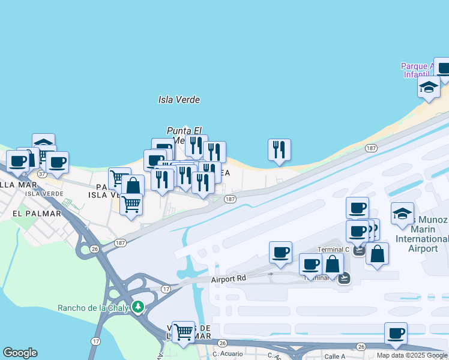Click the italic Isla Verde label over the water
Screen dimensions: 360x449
click(x=178, y=100)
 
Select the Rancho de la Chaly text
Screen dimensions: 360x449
click(x=94, y=308)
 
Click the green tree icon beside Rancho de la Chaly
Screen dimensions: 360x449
click(x=138, y=307)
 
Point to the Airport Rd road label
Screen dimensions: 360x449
click(x=229, y=279)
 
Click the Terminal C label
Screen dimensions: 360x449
click(x=333, y=250)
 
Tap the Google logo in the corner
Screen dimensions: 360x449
click(x=20, y=353)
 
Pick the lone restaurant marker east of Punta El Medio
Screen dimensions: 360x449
click(x=279, y=150)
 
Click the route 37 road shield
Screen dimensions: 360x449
click(x=42, y=173)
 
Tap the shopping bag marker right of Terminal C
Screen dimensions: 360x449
click(x=377, y=253)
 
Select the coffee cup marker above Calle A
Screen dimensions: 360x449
click(x=396, y=334)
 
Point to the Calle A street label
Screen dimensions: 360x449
click(x=335, y=356)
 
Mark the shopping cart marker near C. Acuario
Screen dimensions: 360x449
click(x=183, y=331)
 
